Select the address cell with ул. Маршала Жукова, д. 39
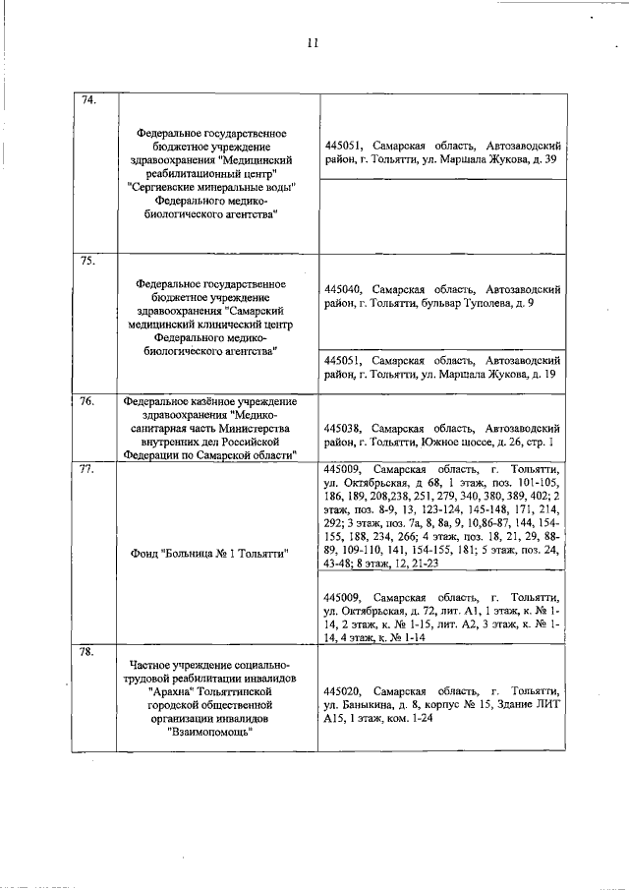click(441, 150)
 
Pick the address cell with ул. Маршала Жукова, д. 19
click(441, 368)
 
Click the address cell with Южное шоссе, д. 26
click(441, 436)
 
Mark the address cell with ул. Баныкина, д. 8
click(441, 705)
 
